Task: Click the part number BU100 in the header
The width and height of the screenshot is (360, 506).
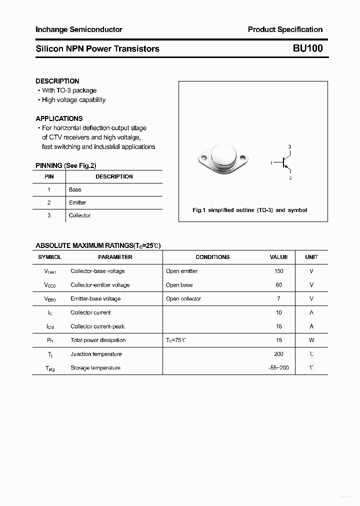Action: point(307,48)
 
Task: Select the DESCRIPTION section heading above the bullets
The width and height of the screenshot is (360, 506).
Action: point(57,81)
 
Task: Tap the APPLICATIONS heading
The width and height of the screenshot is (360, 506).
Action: point(59,118)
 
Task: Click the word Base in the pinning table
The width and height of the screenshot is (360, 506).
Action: point(75,189)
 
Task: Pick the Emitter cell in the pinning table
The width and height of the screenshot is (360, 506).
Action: point(77,202)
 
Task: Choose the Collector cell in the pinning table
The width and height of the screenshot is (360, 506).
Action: point(79,215)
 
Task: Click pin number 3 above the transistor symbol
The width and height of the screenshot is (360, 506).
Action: point(289,146)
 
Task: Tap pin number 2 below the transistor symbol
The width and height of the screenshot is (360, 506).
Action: point(290,178)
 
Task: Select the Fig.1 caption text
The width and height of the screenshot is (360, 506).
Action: point(249,210)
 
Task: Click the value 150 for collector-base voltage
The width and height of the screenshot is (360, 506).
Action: point(278,271)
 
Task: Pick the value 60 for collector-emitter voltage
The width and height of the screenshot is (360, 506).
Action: point(278,285)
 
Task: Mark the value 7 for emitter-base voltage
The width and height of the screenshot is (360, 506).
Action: point(278,298)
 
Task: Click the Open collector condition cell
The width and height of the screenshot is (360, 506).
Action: point(183,298)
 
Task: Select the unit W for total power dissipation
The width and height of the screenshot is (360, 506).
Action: point(311,340)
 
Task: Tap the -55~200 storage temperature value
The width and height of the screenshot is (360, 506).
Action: point(278,368)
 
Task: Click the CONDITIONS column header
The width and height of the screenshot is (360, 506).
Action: point(212,257)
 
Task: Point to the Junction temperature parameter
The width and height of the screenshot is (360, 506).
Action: point(96,354)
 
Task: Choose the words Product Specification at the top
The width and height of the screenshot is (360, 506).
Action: point(285,29)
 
